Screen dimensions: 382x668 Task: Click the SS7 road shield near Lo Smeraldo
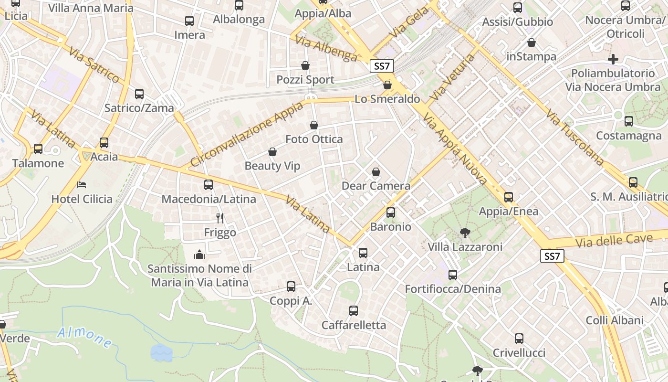(382, 66)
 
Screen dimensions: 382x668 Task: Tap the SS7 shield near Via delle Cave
(552, 256)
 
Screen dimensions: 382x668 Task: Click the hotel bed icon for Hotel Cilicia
(82, 184)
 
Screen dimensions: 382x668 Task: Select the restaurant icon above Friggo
(220, 218)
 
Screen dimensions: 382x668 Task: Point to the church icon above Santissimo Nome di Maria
(199, 255)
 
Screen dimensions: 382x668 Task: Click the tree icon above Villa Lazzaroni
(465, 233)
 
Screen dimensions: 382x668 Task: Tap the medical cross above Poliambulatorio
(613, 59)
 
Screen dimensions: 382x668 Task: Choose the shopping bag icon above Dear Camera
(376, 172)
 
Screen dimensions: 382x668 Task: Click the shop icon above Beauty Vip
(272, 152)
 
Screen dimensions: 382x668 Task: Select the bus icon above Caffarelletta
(354, 311)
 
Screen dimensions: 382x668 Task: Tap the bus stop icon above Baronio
(391, 212)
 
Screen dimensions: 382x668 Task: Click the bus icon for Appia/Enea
(509, 197)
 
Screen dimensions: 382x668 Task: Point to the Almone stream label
(85, 337)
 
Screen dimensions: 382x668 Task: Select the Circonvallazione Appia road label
(246, 134)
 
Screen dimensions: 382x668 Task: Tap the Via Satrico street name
(94, 64)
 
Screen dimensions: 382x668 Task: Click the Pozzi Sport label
(305, 80)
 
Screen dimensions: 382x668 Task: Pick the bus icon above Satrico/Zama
(139, 94)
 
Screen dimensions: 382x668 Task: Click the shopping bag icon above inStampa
(532, 42)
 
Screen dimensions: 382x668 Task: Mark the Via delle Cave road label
(614, 240)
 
